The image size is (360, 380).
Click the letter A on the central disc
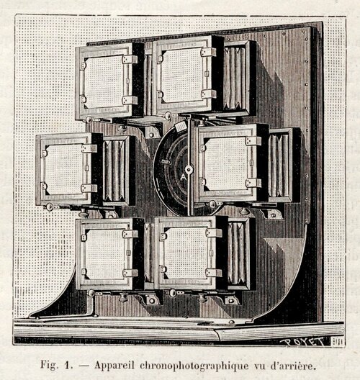pyautogui.click(x=184, y=177)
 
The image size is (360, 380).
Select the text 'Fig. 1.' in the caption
pyautogui.click(x=56, y=365)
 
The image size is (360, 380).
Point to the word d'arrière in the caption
pyautogui.click(x=293, y=365)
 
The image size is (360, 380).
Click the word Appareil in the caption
pyautogui.click(x=114, y=366)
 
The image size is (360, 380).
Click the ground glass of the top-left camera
pyautogui.click(x=104, y=81)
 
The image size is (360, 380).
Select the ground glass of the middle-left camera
pyautogui.click(x=64, y=169)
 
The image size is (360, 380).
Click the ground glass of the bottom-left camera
pyautogui.click(x=104, y=254)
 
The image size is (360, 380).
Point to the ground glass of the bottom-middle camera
pyautogui.click(x=186, y=253)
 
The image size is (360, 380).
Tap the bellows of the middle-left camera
pyautogui.click(x=114, y=170)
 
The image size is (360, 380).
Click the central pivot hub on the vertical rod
pyautogui.click(x=189, y=169)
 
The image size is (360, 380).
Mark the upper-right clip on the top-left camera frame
pyautogui.click(x=130, y=59)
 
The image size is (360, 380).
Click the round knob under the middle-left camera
pyautogui.click(x=83, y=213)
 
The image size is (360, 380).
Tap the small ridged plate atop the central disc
pyautogui.click(x=180, y=126)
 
